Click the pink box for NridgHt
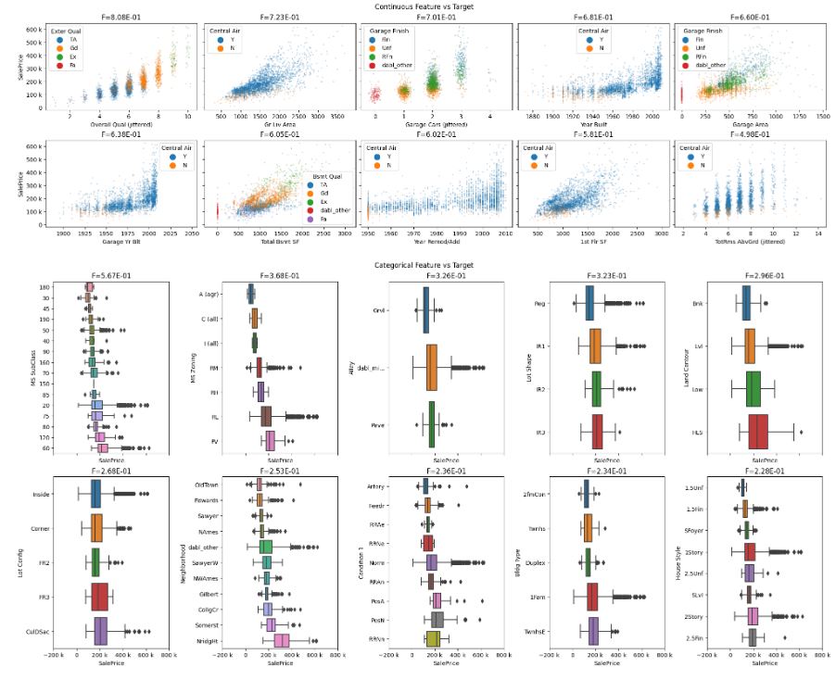[x=281, y=641]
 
